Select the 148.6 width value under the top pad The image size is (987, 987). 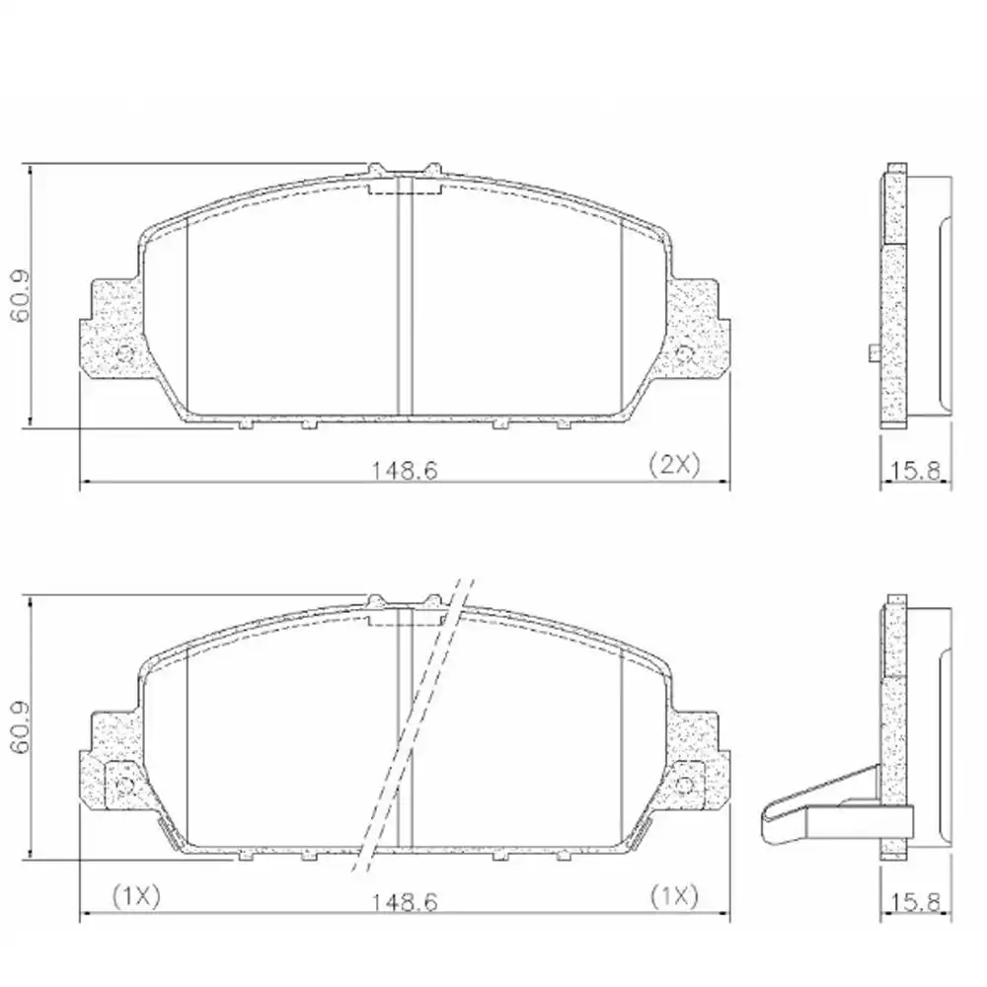(404, 470)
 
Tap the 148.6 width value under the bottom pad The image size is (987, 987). (404, 901)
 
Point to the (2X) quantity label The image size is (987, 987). (673, 465)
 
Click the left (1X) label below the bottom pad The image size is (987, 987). (134, 895)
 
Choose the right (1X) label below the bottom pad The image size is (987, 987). (673, 895)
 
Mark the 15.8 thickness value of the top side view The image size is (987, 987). (918, 470)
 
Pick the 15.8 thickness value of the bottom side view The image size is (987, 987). (918, 901)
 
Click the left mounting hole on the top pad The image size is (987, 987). (125, 352)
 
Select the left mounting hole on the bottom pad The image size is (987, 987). (125, 784)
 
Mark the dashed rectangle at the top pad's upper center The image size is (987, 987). (404, 188)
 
